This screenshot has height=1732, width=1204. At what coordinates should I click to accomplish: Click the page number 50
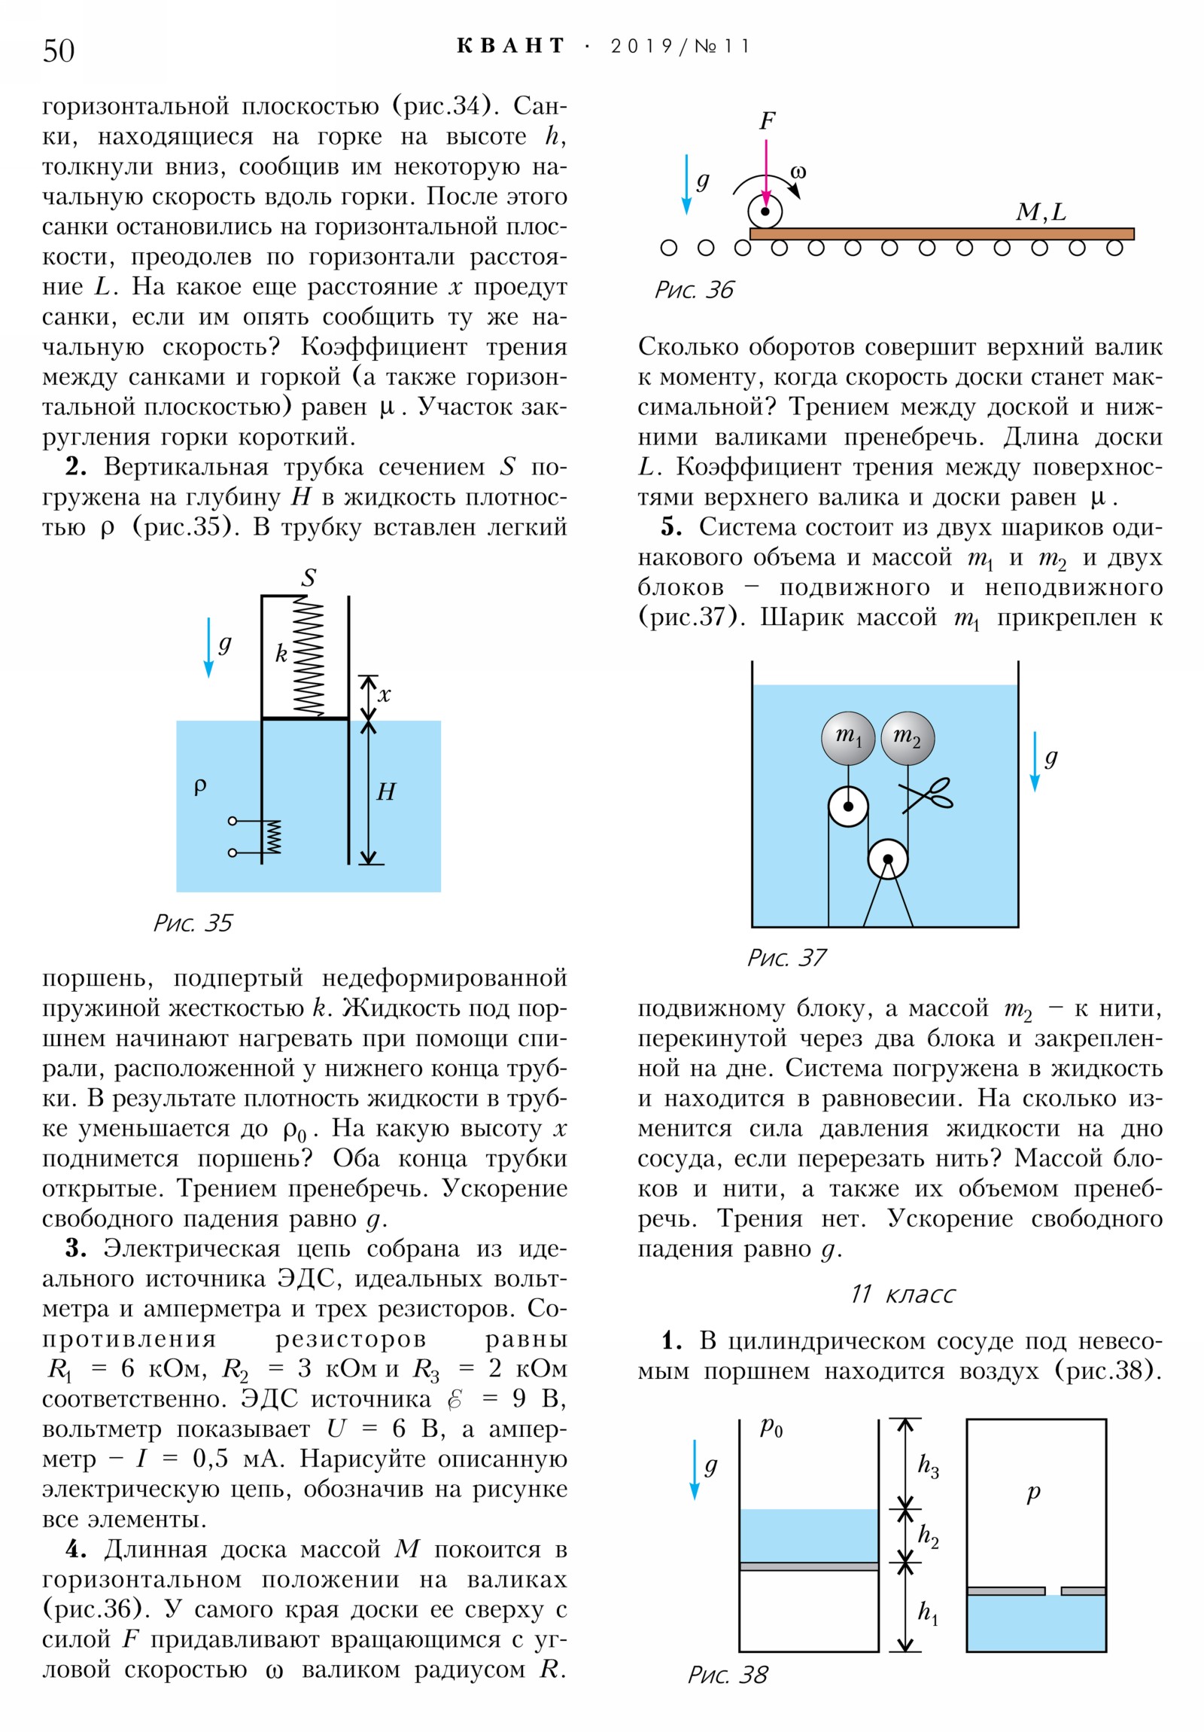coord(59,51)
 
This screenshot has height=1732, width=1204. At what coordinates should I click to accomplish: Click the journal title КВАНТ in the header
coord(510,46)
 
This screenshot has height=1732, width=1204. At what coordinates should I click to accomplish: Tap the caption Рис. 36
coord(694,290)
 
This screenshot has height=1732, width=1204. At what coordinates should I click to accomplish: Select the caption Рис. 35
coord(193,922)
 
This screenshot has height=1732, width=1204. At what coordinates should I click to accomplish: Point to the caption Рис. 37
coord(786,957)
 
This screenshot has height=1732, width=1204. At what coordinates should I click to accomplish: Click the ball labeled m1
coord(847,738)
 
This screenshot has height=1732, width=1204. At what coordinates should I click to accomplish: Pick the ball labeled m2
coord(907,738)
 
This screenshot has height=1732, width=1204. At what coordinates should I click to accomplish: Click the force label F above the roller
coord(768,120)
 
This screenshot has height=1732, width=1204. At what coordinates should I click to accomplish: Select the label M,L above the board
coord(1041,212)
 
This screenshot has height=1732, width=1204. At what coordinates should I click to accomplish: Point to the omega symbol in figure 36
coord(798,172)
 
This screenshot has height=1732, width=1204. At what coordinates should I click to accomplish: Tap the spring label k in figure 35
coord(281,653)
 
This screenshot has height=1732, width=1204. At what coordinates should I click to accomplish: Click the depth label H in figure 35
coord(385,791)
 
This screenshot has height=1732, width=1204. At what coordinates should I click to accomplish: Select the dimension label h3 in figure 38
coord(927,1465)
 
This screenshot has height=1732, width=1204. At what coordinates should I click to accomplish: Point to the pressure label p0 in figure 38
coord(771,1426)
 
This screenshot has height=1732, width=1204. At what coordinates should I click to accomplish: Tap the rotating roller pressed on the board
coord(765,212)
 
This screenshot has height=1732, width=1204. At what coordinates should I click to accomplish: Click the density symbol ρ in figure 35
coord(199,787)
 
